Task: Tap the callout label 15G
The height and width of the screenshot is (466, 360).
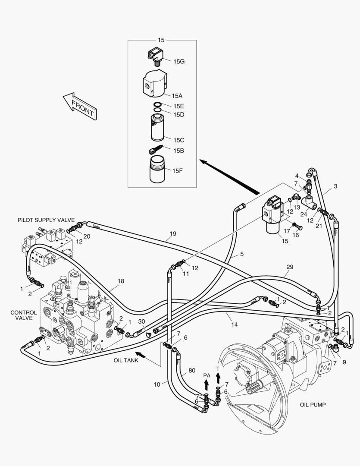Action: (179, 62)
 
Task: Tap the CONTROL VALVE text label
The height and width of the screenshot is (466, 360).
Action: (21, 315)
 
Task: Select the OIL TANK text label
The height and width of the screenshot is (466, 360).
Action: (126, 360)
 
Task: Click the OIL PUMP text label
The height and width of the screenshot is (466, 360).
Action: (313, 405)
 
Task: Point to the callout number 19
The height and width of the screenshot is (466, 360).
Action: (173, 234)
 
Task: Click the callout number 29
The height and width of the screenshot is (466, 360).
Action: (289, 268)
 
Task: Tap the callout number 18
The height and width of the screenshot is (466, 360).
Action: (120, 281)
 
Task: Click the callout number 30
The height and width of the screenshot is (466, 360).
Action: (141, 321)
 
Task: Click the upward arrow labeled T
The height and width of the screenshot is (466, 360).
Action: (218, 378)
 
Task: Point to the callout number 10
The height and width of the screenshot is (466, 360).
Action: (157, 384)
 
